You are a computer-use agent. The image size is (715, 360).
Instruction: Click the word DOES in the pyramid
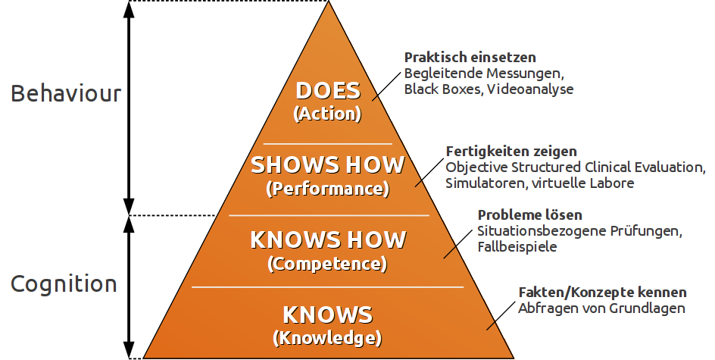(x=328, y=92)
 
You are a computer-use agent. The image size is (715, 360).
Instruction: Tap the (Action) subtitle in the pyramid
(x=328, y=114)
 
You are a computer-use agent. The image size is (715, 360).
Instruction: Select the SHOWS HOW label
(x=328, y=165)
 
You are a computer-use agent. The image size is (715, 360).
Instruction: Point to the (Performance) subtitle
(x=328, y=187)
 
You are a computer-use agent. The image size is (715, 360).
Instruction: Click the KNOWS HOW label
(x=328, y=240)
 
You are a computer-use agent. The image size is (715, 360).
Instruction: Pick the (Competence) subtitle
(x=328, y=264)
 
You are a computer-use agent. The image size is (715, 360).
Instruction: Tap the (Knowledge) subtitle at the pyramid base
(x=328, y=337)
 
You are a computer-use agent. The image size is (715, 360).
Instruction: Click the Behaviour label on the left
(x=66, y=94)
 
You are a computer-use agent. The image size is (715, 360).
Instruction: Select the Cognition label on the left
(x=64, y=284)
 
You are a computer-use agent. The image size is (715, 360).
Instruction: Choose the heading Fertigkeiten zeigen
(x=511, y=151)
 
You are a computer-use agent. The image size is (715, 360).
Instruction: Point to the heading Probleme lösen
(x=529, y=215)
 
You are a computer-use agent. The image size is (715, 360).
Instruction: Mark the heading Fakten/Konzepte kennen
(x=602, y=292)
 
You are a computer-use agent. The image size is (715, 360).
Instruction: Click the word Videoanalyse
(x=530, y=89)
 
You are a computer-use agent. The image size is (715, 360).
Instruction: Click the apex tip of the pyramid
(x=329, y=3)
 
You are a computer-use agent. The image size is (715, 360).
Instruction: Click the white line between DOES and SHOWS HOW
(x=328, y=142)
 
